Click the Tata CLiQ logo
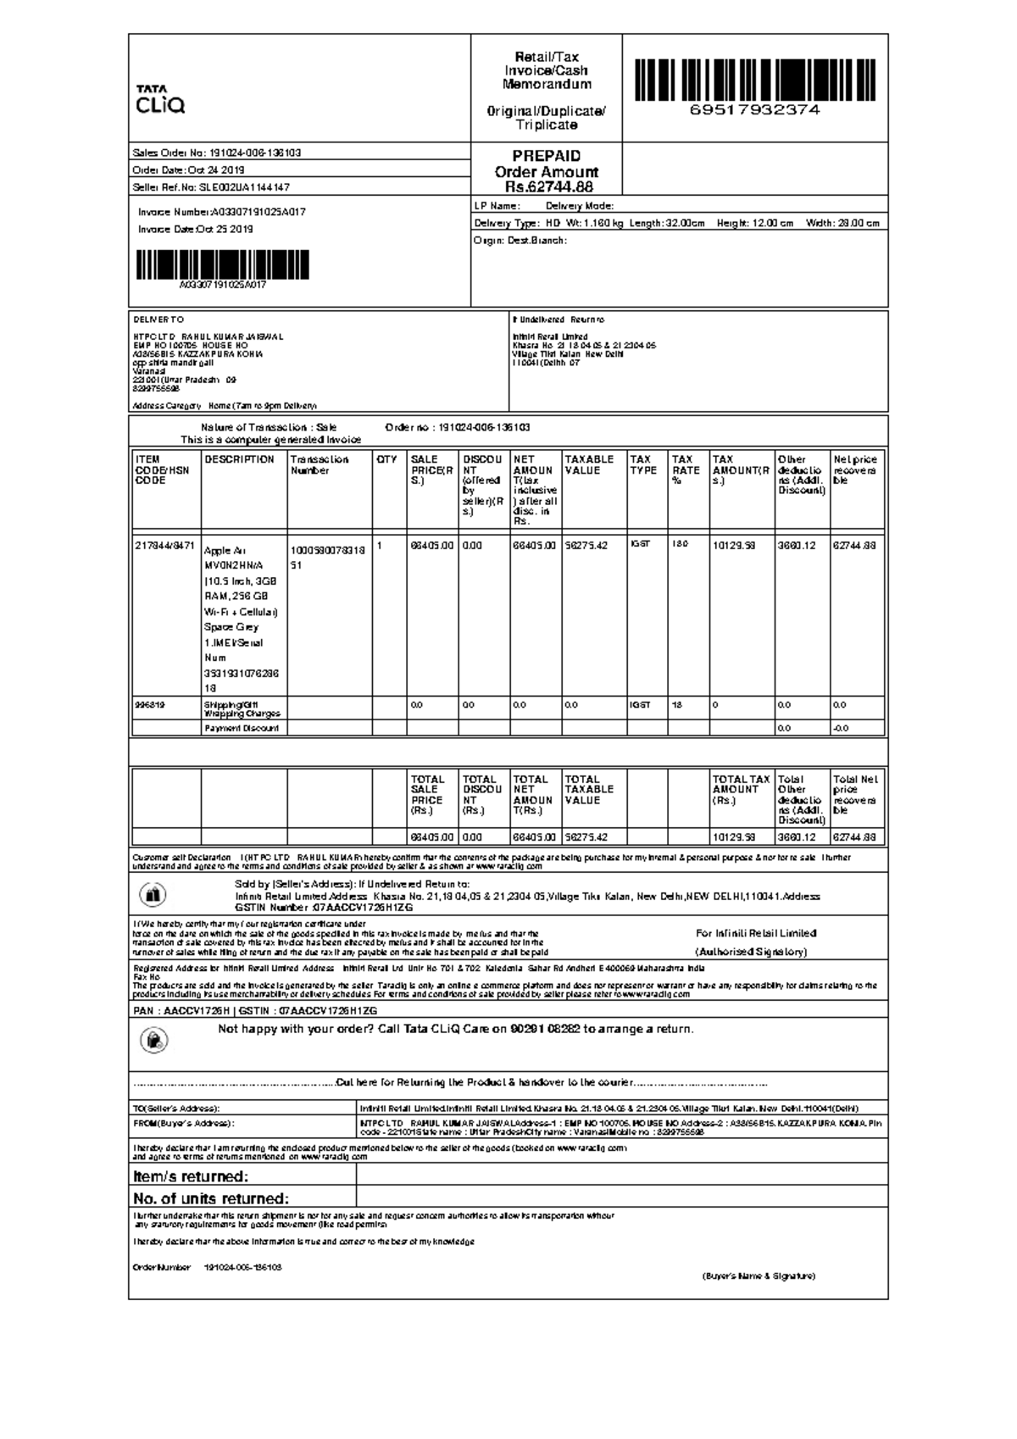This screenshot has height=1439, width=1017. click(x=160, y=100)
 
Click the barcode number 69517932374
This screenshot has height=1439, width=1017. click(x=754, y=110)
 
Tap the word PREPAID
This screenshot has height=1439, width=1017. click(x=547, y=157)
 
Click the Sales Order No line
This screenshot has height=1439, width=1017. click(x=217, y=153)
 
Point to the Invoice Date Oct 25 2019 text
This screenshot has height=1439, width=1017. click(x=196, y=230)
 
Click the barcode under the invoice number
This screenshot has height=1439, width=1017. click(x=222, y=265)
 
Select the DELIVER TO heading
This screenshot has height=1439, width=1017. click(x=158, y=320)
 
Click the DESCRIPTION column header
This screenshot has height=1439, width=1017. click(x=240, y=460)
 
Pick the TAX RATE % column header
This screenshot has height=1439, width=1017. click(x=686, y=470)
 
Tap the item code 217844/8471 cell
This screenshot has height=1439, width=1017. click(x=165, y=546)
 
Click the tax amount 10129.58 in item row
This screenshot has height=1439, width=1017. click(x=734, y=546)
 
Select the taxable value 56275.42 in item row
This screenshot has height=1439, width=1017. click(x=586, y=546)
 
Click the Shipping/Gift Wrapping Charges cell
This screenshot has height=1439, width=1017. click(x=242, y=709)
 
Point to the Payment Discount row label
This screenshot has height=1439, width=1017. click(x=242, y=729)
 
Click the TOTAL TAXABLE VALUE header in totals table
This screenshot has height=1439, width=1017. click(x=589, y=790)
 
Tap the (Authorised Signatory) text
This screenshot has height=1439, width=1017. click(x=751, y=952)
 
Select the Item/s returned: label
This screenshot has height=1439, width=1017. click(x=191, y=1176)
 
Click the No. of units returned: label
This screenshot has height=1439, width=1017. click(x=211, y=1198)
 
